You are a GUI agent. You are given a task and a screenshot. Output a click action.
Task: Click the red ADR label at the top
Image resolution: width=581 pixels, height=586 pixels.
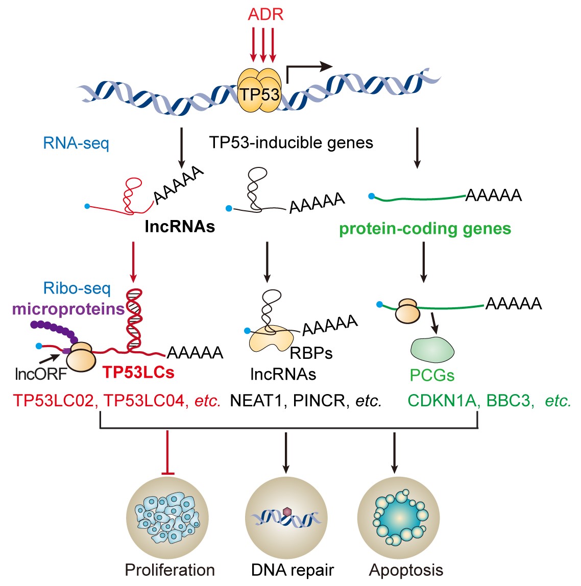(x=265, y=14)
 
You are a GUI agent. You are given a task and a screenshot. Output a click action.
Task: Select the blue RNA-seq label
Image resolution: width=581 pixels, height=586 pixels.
(x=76, y=143)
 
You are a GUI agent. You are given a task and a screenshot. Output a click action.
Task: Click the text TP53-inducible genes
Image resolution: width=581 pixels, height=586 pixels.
(x=291, y=142)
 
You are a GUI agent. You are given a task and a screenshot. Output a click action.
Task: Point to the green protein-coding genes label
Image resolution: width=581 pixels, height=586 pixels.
(x=425, y=229)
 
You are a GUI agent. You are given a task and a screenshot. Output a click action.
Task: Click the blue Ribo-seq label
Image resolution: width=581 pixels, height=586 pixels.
(x=77, y=288)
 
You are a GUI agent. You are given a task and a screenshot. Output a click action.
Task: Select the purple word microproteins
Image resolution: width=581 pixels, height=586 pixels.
(x=68, y=309)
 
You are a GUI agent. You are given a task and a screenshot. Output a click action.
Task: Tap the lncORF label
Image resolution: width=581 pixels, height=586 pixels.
(x=41, y=374)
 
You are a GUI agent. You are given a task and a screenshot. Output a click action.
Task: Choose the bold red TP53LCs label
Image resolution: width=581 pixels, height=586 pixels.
(x=138, y=373)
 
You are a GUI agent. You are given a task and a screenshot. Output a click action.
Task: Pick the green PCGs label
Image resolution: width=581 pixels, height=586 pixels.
(x=432, y=376)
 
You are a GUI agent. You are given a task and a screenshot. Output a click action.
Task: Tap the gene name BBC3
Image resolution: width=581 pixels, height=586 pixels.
(x=508, y=401)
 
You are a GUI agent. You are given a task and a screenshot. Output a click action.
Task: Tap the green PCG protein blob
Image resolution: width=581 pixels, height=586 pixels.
(x=432, y=350)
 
